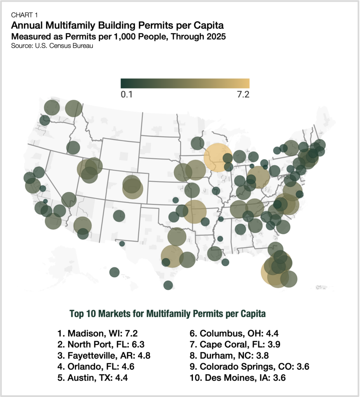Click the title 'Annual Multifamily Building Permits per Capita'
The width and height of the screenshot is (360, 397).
(118, 26)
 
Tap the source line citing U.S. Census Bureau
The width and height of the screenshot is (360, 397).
(52, 45)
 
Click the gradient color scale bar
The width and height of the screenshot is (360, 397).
(185, 83)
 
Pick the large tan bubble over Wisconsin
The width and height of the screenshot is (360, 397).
(218, 157)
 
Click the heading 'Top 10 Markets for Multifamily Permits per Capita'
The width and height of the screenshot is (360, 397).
(167, 314)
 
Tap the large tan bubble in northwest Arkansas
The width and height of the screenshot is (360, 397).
(195, 211)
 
